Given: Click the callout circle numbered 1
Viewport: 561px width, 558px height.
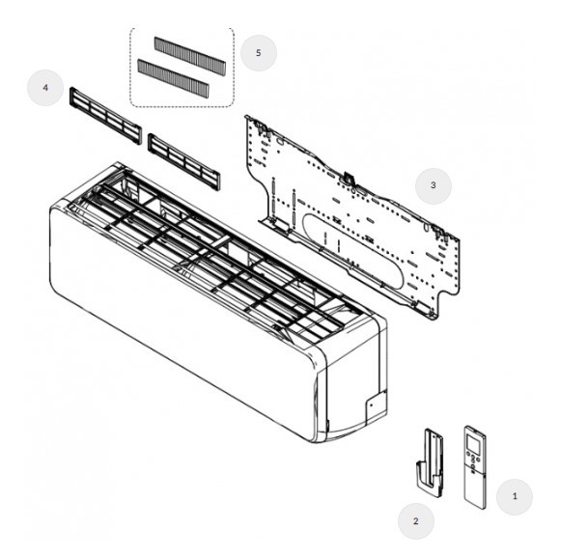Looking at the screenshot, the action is point(514,496).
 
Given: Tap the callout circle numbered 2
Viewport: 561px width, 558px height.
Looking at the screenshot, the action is point(416,521).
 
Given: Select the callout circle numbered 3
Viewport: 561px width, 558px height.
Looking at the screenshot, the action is point(434,185).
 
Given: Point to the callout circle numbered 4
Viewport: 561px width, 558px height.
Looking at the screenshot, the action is point(45,88).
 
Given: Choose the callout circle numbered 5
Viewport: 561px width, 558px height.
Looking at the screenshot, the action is point(259,53).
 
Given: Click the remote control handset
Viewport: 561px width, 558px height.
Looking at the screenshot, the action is point(475,467).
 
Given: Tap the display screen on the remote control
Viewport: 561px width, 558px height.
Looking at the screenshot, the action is point(473,443).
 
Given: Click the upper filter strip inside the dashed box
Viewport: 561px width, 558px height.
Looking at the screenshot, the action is point(190,56).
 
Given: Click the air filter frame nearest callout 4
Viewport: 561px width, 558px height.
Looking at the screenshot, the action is point(105,116).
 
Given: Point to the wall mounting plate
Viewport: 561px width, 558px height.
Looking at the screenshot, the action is point(352,217).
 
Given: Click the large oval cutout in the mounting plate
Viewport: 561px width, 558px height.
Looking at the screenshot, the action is point(352,251).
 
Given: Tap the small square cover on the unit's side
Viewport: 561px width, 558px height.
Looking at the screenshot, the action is point(376,407).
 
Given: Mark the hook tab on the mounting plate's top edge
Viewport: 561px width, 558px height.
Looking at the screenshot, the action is point(349,178).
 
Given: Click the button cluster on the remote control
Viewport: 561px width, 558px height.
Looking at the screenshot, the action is point(473,460).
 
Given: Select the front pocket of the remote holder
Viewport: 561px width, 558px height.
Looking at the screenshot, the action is point(429,479).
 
